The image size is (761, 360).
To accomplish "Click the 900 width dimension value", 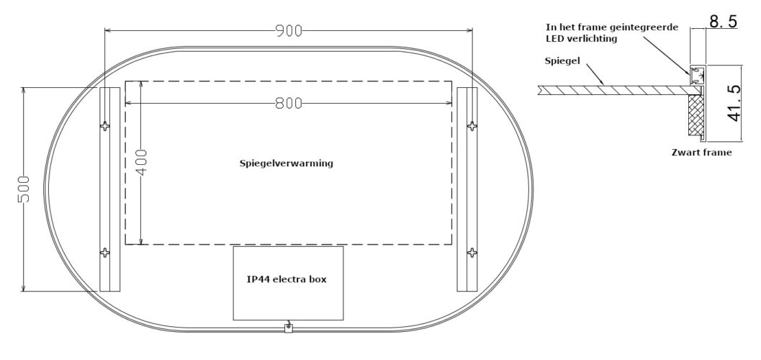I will [x=288, y=31].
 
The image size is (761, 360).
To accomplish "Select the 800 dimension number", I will [x=289, y=104].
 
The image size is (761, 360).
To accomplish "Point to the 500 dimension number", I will [x=24, y=189].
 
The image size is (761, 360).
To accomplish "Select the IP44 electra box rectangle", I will [x=288, y=283].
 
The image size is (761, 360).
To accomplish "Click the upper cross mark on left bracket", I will [x=106, y=127].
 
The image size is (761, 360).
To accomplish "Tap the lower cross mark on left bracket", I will [x=106, y=253].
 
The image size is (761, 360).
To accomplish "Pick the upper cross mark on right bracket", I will [x=472, y=127].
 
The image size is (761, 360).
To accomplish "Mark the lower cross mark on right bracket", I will [x=472, y=253].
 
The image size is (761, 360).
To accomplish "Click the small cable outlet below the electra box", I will [x=288, y=328].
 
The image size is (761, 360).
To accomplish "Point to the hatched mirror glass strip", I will [x=612, y=90].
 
